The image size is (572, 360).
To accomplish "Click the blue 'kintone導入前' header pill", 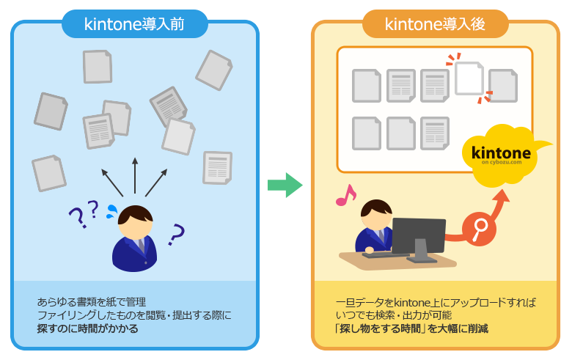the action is (135, 24).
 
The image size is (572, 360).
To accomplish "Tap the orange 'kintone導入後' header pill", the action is (435, 24).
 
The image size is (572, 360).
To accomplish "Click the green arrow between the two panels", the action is (285, 185).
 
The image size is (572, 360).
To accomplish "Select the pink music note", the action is (345, 196).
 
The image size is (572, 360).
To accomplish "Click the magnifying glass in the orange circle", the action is (480, 229).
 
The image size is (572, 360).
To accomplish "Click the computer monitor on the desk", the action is (419, 240).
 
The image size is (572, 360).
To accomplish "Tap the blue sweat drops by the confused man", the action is (112, 211).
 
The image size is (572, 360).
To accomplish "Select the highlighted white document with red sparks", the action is (469, 78).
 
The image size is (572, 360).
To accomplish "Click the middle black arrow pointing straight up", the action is (135, 175).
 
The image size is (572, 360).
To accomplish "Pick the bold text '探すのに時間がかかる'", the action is (87, 328).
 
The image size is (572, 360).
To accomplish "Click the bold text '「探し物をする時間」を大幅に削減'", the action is (411, 328).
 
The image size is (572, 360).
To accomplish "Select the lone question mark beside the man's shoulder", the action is (177, 234).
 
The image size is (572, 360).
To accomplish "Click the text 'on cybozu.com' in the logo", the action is (502, 162).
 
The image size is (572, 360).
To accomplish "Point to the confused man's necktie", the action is (141, 246).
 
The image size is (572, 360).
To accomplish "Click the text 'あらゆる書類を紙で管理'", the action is (91, 302).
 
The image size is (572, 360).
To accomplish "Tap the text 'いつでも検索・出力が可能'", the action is (394, 315).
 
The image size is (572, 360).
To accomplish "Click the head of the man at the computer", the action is (376, 215).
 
